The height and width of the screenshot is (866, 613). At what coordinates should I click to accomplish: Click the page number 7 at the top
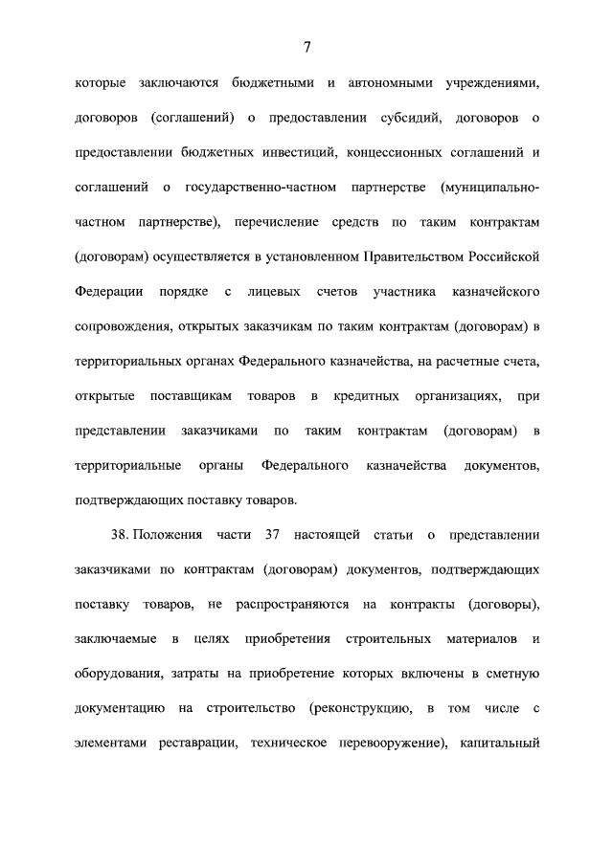(x=306, y=47)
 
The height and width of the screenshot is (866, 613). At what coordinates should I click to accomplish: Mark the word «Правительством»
(x=417, y=256)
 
